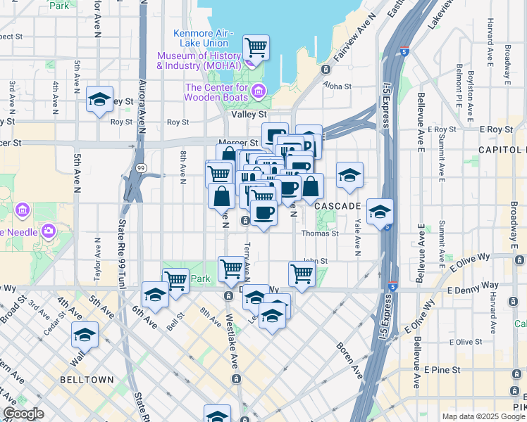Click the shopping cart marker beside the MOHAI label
pyautogui.click(x=256, y=49)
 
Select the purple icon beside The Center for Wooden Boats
pyautogui.click(x=259, y=91)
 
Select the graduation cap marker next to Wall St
pyautogui.click(x=85, y=335)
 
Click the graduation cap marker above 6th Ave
pyautogui.click(x=155, y=295)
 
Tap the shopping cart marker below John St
pyautogui.click(x=302, y=274)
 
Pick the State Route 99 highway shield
pyautogui.click(x=141, y=168)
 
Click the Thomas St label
pyautogui.click(x=320, y=234)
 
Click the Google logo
pyautogui.click(x=23, y=414)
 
